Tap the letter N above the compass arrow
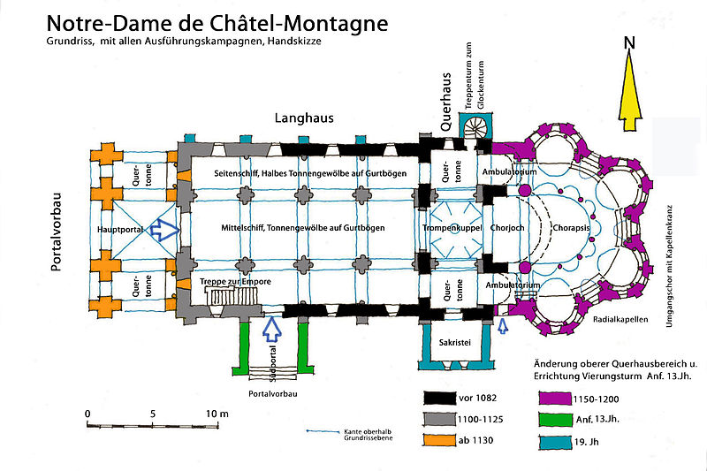[x=629, y=42]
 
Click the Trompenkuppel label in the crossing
[x=452, y=228]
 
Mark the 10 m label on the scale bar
[x=217, y=414]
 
